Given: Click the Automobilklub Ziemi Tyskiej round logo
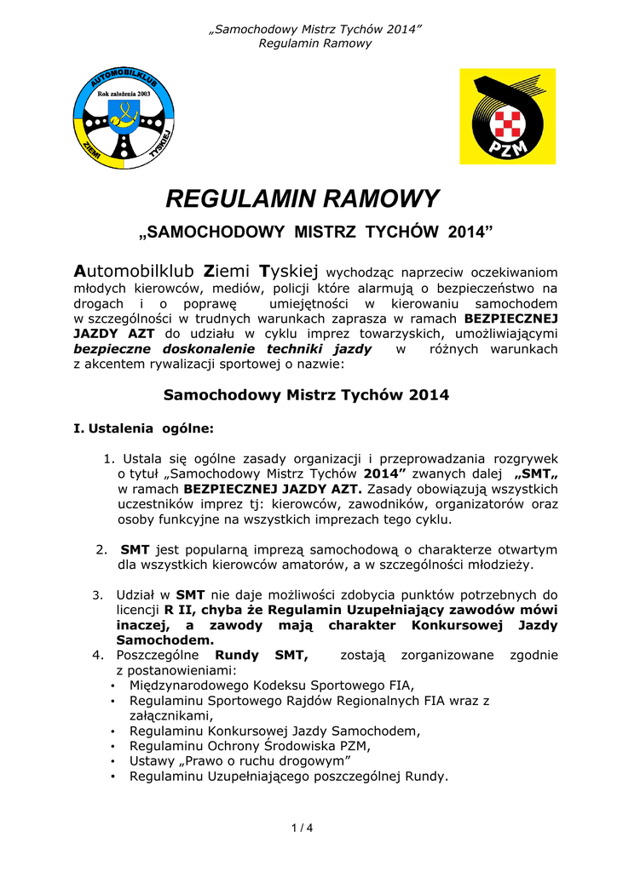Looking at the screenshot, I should click(124, 117).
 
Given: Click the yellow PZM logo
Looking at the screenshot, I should click(507, 117).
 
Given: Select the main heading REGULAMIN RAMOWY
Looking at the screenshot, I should click(303, 199).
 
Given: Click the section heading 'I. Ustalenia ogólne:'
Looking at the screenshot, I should click(144, 427).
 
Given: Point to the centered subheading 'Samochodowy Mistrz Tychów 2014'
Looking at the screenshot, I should click(305, 395).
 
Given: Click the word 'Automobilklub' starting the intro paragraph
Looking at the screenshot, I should click(136, 272).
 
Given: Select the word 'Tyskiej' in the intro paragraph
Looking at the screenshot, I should click(288, 272).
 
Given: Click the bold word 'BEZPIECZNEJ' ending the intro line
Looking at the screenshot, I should click(510, 318).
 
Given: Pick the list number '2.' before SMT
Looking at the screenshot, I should click(101, 549).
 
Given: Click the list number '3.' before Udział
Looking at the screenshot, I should click(96, 594).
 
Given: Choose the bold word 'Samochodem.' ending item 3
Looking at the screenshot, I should click(165, 640).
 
